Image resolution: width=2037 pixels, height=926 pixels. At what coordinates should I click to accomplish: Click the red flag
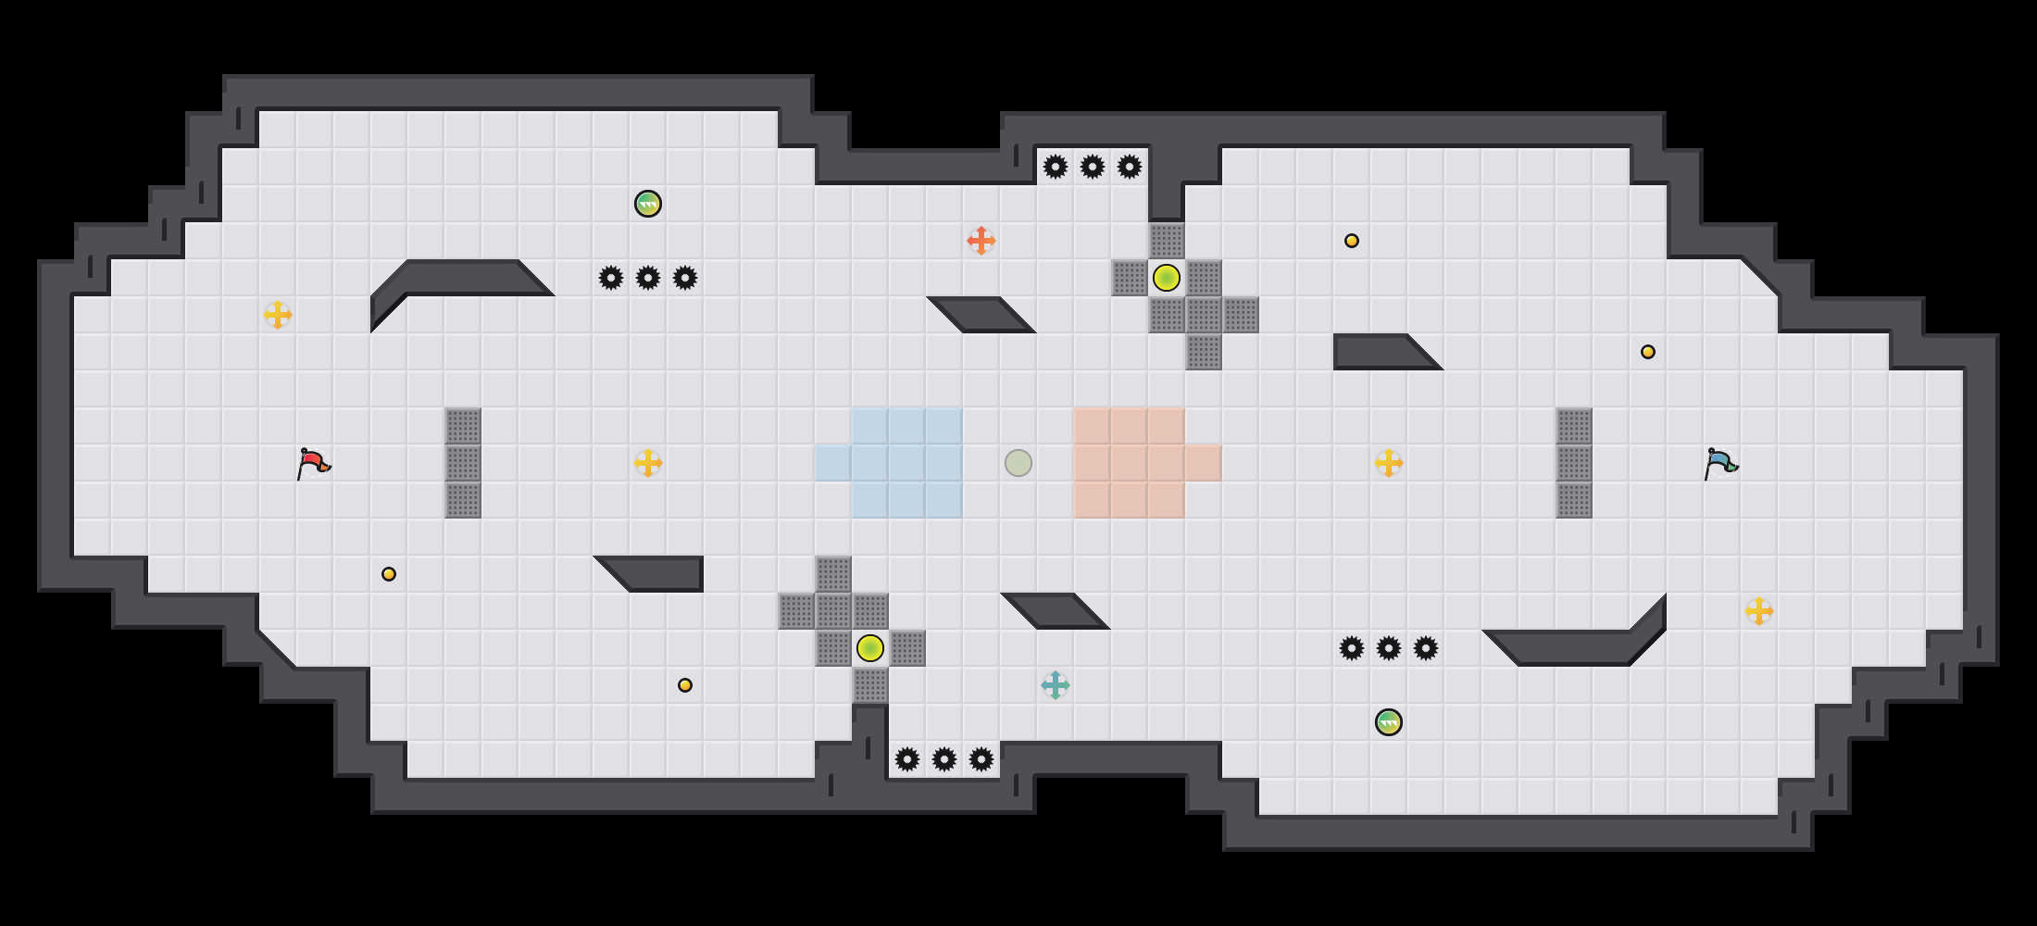(x=313, y=462)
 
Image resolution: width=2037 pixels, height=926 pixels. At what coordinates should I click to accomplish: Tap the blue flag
(x=1720, y=462)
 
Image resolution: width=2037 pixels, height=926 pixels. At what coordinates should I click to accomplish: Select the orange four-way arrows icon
(x=981, y=241)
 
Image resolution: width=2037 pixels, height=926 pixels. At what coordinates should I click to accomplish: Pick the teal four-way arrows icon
(x=1056, y=685)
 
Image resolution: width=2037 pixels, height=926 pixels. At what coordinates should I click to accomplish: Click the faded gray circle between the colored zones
(x=1018, y=463)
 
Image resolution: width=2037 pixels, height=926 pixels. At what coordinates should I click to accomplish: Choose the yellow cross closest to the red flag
(x=278, y=315)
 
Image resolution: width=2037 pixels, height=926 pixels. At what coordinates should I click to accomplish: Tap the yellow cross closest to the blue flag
(x=1759, y=611)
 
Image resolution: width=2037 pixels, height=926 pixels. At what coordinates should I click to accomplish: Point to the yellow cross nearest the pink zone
(x=1389, y=463)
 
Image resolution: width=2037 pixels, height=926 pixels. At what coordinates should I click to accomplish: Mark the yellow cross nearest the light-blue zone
(x=648, y=463)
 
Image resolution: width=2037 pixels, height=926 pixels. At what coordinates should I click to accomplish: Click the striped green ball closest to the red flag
(x=648, y=204)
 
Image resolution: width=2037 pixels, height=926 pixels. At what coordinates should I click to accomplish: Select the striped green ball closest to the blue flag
(x=1389, y=722)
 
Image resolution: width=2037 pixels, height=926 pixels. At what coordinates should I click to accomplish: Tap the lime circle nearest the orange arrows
(x=1167, y=278)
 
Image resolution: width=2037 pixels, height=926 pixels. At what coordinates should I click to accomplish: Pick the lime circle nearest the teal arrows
(x=870, y=648)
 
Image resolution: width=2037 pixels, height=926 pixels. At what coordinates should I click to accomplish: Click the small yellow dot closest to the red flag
(x=389, y=574)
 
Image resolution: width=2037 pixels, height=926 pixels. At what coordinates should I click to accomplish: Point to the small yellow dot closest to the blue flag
(x=1648, y=352)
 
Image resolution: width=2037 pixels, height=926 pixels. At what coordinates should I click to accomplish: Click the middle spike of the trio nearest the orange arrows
(x=1093, y=167)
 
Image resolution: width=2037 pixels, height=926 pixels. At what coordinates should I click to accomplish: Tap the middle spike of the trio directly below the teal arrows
(x=944, y=759)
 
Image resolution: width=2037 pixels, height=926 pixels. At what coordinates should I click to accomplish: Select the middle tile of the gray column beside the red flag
(x=463, y=463)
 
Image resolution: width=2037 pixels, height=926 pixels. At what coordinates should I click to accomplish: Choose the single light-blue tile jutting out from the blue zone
(x=833, y=463)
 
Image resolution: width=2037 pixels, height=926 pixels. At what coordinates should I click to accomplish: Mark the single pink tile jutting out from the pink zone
(x=1204, y=463)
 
